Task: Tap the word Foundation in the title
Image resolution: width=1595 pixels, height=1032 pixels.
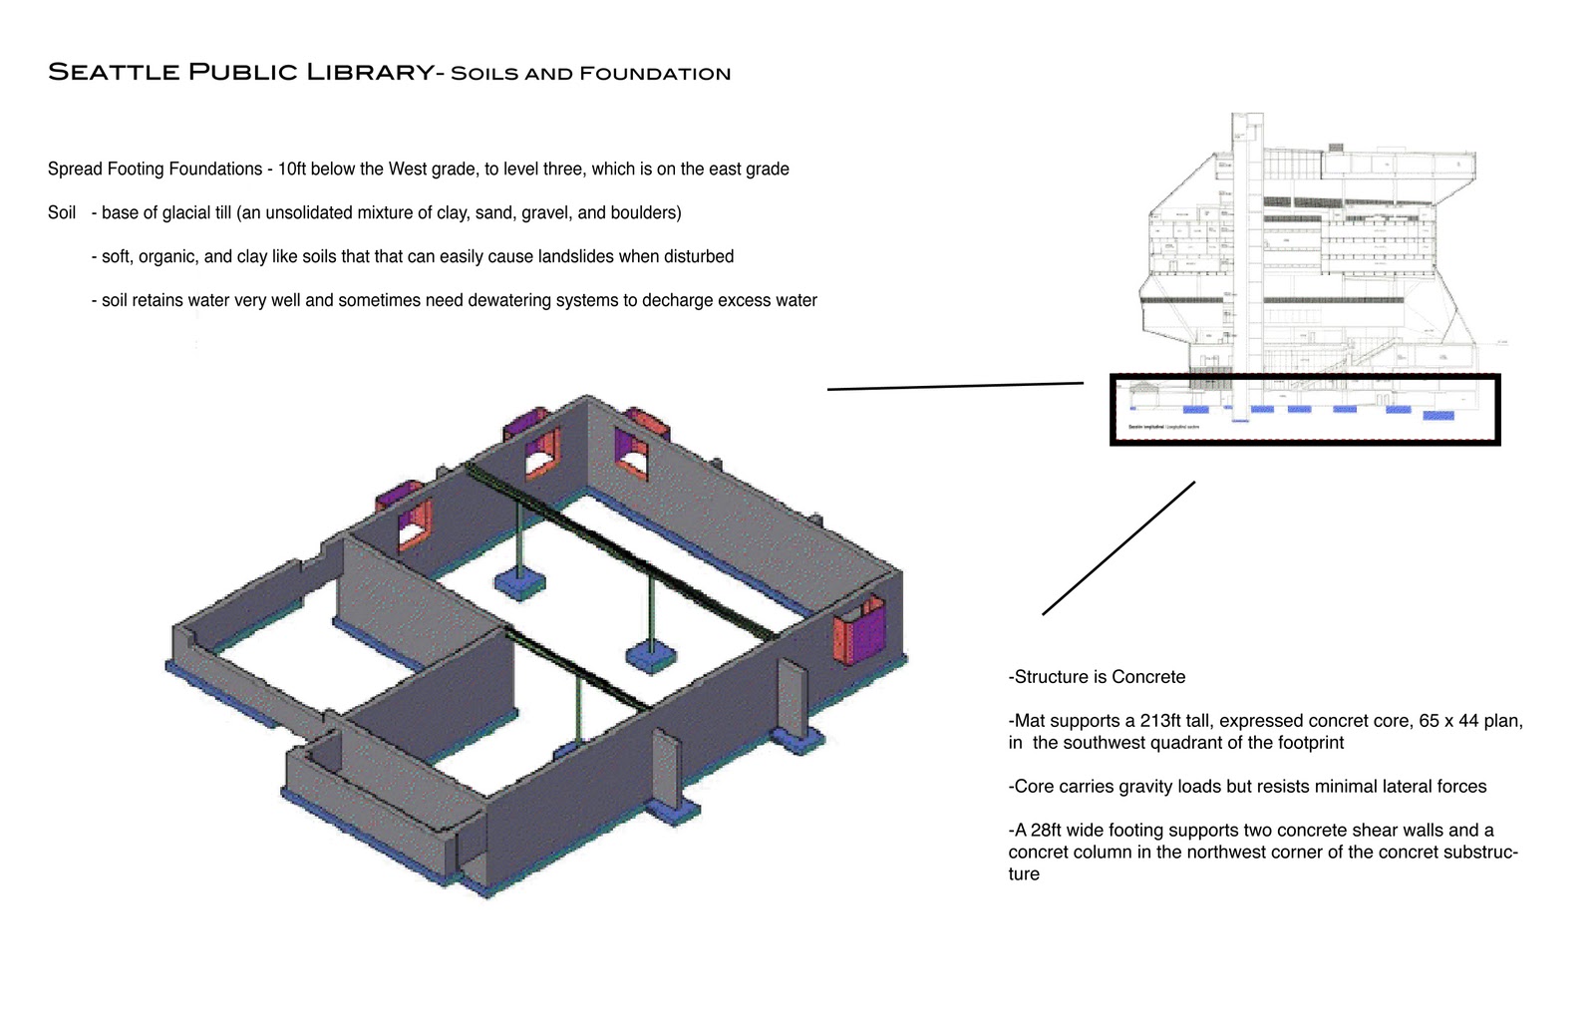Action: (655, 73)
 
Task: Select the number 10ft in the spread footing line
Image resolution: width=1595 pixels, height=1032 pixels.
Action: (292, 169)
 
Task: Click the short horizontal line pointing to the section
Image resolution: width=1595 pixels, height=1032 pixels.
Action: (955, 386)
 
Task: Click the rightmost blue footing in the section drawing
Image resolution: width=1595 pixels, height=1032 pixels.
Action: (1436, 415)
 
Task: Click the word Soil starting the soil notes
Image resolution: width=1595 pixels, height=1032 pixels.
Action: (62, 212)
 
